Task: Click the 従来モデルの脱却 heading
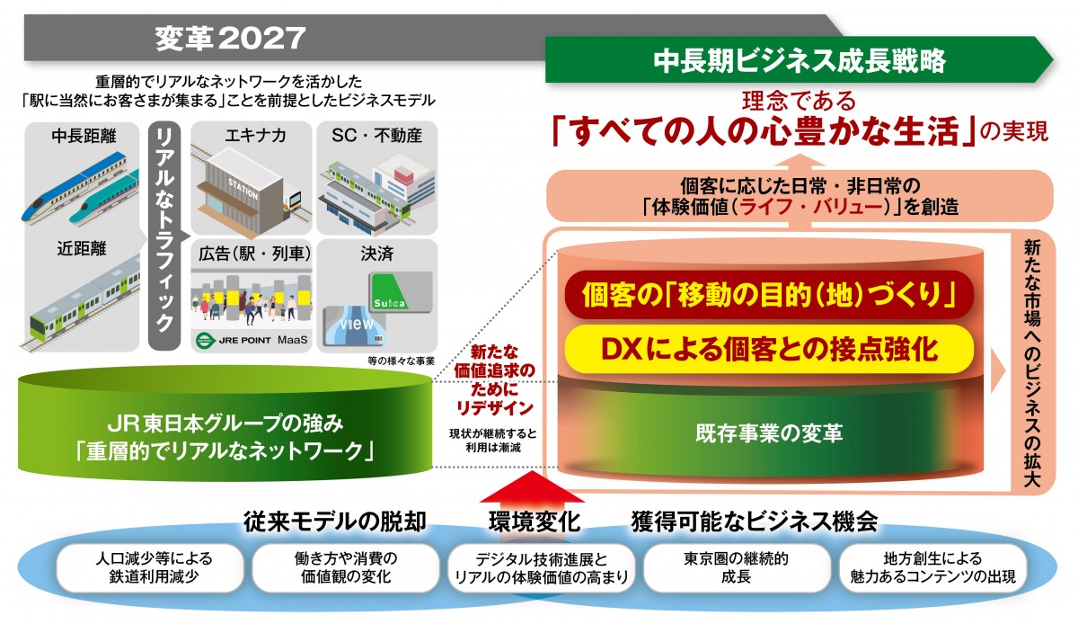(x=334, y=521)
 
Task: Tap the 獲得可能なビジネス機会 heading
(x=754, y=521)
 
